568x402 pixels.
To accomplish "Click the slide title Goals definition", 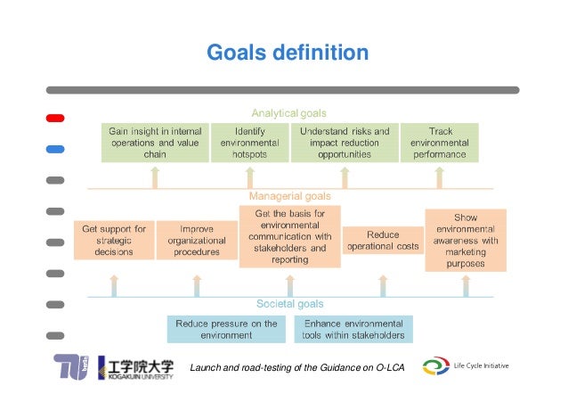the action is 287,53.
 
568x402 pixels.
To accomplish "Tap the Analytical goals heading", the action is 288,113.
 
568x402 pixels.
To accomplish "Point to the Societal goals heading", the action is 288,304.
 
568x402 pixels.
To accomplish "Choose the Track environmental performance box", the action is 439,142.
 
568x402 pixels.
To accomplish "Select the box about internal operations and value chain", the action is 155,142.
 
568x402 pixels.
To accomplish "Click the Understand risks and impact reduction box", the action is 345,142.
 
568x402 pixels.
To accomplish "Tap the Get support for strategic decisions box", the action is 113,240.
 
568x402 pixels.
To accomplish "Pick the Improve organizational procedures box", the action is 196,240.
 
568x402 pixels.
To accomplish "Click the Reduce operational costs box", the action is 383,240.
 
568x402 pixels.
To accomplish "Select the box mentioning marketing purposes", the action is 466,241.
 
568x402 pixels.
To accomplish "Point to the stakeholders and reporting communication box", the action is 288,236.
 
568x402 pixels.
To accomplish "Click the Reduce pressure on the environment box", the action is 226,329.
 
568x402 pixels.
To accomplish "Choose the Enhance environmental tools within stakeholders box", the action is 353,329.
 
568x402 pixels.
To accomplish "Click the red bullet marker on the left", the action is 55,118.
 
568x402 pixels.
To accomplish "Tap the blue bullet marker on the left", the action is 55,149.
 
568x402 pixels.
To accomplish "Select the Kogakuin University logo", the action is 136,367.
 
